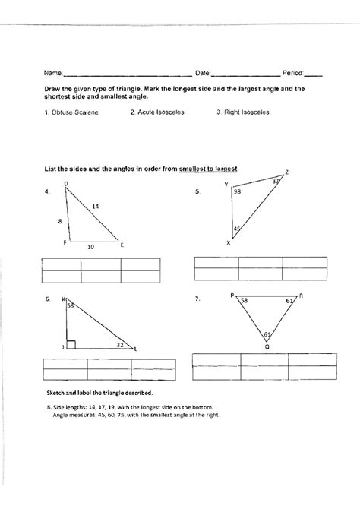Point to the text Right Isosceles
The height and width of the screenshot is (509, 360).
242,112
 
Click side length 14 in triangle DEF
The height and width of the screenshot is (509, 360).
96,207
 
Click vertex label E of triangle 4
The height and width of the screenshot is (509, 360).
122,244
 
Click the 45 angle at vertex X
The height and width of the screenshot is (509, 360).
237,229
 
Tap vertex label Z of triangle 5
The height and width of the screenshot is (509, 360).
286,172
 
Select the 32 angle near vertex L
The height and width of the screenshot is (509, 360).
120,345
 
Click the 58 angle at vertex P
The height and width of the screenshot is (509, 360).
244,302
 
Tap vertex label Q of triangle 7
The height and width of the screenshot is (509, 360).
267,346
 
